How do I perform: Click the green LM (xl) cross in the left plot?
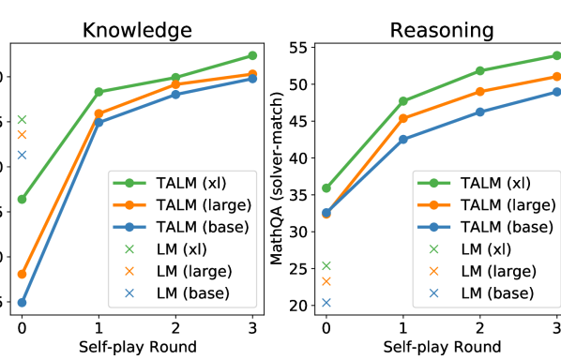tap(22, 119)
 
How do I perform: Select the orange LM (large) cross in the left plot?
tap(22, 135)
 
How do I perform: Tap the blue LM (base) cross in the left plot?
tap(22, 155)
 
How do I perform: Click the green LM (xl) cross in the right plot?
tap(326, 265)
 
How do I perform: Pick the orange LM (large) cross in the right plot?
tap(326, 281)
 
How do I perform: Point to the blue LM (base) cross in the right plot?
tap(326, 302)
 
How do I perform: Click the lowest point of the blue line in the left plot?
tap(22, 302)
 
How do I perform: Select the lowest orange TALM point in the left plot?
tap(22, 274)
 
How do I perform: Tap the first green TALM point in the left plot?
tap(22, 199)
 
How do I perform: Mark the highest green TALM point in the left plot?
tap(252, 55)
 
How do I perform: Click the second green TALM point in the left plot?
tap(99, 92)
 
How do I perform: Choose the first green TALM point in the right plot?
tap(326, 187)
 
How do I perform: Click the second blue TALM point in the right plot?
tap(402, 139)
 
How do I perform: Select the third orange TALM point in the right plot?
tap(479, 91)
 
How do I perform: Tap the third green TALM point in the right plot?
tap(479, 70)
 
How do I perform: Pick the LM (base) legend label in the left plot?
tap(194, 293)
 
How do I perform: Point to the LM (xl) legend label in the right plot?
tap(486, 249)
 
